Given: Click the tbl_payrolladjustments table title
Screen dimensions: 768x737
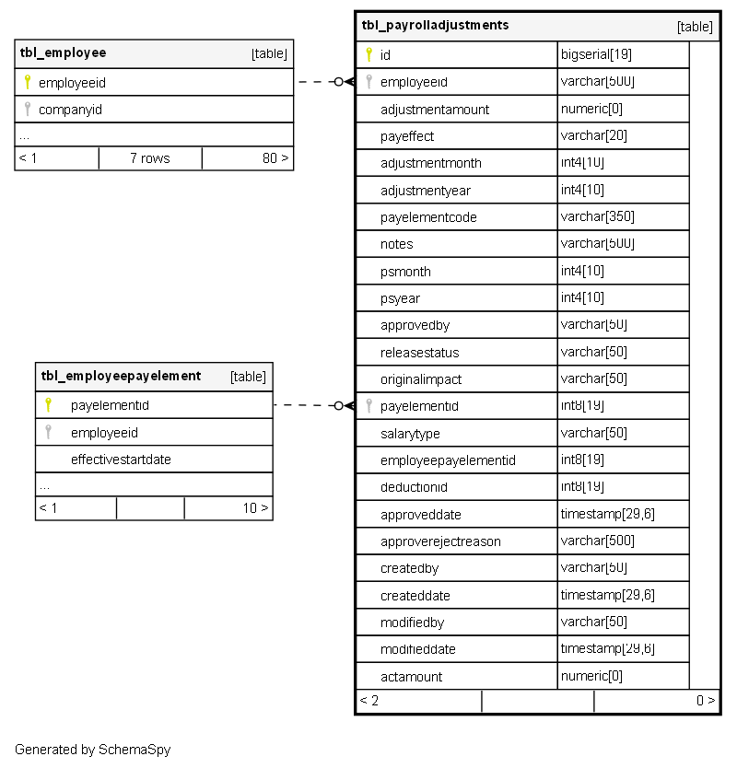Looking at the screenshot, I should coord(435,26).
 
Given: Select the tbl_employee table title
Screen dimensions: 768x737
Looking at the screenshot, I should coord(63,53).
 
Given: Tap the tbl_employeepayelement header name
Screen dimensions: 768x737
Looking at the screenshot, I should coord(121,376).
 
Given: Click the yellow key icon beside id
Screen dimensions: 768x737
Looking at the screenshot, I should coord(368,54).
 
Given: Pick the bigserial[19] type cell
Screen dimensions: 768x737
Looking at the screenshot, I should coord(596,55).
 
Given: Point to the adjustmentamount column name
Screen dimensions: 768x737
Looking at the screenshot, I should coord(435,110).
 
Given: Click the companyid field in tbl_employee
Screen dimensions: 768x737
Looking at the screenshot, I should coord(70,110).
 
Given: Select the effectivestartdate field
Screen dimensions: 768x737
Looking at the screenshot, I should coord(121,460).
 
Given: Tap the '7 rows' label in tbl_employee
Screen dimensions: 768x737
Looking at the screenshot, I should coord(149,158).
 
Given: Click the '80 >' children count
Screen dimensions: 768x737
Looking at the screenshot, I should coord(275,158).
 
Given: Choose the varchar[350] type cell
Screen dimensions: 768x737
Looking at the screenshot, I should coord(597,217).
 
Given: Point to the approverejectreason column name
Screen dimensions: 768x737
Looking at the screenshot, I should coord(440,541).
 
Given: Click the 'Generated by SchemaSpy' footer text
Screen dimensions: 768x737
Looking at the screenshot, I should coord(92,750).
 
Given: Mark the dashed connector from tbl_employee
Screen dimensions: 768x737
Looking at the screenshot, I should coord(318,82).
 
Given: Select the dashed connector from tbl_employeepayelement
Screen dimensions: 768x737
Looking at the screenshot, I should coord(306,405).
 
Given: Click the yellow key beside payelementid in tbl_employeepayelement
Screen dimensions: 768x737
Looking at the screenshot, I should coord(49,404).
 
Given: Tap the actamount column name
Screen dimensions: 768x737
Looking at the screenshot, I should coord(411,677).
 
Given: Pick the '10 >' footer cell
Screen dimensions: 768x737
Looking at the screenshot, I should coord(255,507).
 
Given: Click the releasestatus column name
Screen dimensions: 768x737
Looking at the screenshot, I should coord(419,353).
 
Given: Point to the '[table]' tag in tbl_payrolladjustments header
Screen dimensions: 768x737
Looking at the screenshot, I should coord(695,27).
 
